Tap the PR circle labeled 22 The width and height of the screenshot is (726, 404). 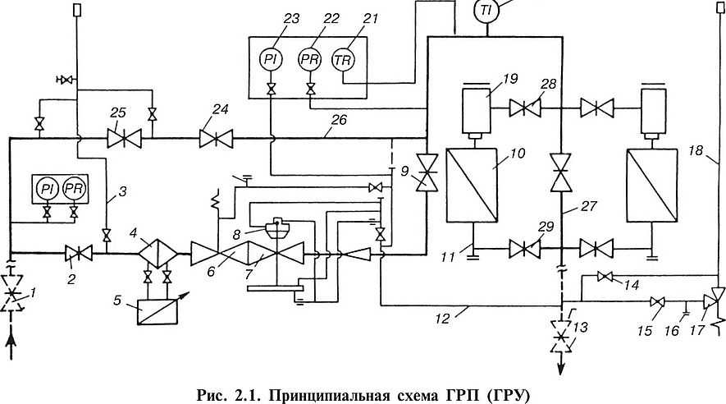click(310, 59)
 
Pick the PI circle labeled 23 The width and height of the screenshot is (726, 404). click(271, 59)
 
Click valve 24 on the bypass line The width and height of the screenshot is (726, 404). click(216, 140)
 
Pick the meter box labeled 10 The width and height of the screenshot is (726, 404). click(471, 185)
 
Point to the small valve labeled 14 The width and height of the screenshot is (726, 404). click(607, 277)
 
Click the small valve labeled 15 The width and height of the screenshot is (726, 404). click(655, 301)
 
